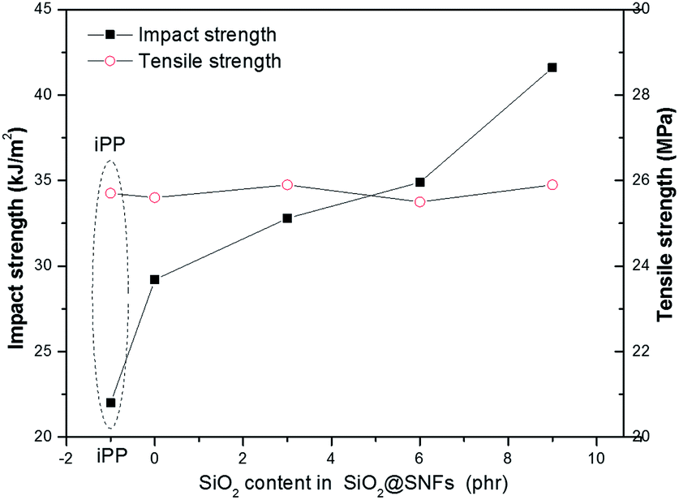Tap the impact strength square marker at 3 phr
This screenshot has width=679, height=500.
pos(287,218)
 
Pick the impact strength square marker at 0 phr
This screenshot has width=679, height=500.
pos(155,279)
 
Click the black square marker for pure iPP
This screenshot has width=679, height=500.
pos(111,403)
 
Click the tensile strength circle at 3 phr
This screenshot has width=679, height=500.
pos(287,184)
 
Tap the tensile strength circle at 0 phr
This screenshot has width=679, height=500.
pos(155,197)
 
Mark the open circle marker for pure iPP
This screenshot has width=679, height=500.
pos(111,192)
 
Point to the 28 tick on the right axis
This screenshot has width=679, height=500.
pos(639,95)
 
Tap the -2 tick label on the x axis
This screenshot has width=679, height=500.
pos(68,455)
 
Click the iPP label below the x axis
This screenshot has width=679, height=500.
pos(111,455)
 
